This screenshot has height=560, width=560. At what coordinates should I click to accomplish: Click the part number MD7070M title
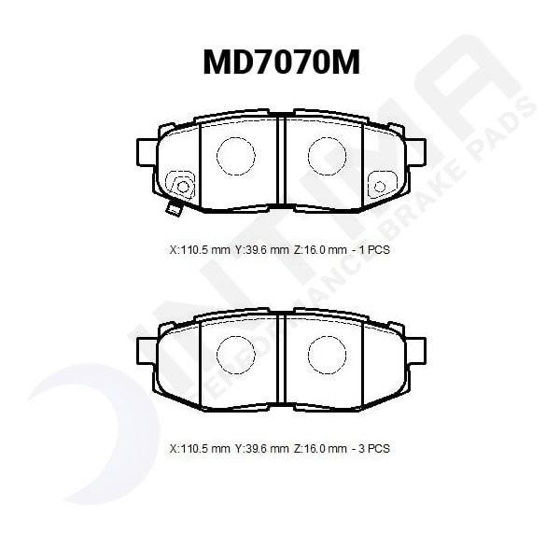(x=281, y=63)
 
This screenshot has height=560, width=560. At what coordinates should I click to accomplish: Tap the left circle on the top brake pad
(x=235, y=155)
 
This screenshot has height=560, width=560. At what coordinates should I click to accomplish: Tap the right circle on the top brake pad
(x=327, y=155)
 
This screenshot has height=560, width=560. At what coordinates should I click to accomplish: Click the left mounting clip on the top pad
(x=181, y=186)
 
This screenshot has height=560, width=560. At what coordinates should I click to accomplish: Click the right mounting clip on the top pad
(x=380, y=186)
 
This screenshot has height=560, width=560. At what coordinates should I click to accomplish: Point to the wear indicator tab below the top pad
(x=172, y=208)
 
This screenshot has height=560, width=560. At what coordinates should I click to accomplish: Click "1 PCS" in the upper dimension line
(x=371, y=250)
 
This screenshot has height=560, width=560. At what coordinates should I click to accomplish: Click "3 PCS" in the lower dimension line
(x=371, y=449)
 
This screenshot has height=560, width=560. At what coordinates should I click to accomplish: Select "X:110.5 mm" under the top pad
(x=200, y=250)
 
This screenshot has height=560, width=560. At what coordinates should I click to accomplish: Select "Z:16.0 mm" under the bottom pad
(x=320, y=449)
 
